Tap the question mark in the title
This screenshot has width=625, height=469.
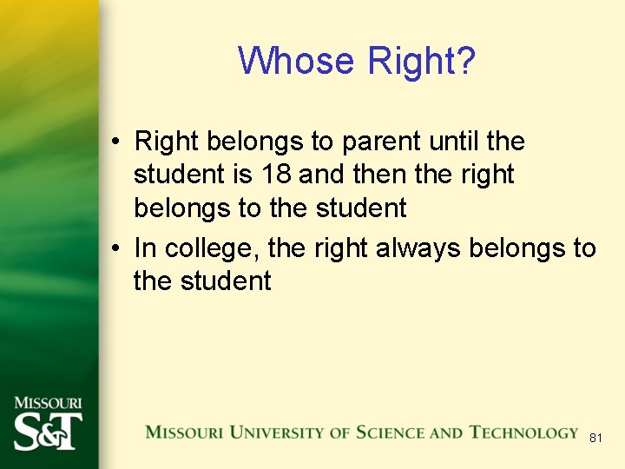(x=466, y=61)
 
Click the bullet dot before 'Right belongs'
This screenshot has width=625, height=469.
(x=115, y=142)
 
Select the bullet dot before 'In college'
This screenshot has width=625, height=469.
(x=115, y=249)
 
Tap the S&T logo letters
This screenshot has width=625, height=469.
(x=48, y=431)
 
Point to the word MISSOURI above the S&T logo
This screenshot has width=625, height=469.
(x=48, y=403)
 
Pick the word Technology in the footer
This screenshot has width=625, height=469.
(x=523, y=433)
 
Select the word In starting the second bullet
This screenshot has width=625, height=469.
(x=145, y=248)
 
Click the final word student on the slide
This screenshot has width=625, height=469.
(x=227, y=281)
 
